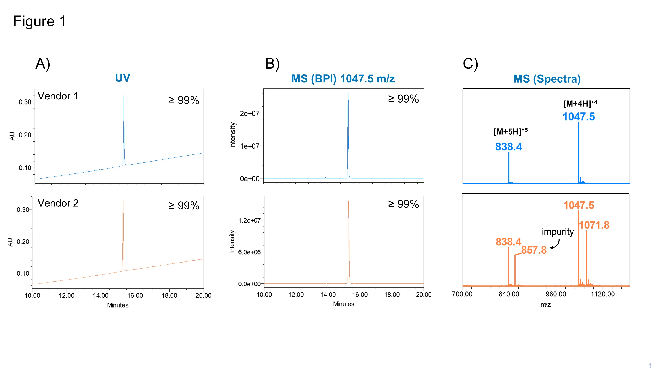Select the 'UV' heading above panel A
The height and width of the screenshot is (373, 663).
click(x=122, y=78)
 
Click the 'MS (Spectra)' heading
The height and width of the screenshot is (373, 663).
click(x=547, y=79)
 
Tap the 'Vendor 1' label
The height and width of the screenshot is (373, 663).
click(x=58, y=96)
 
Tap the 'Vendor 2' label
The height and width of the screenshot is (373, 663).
click(x=58, y=203)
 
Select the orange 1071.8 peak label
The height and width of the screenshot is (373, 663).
click(x=594, y=225)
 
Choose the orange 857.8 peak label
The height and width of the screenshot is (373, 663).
click(x=534, y=250)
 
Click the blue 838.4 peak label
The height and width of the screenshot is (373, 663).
click(x=509, y=147)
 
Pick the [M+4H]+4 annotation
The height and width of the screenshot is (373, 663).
click(x=580, y=103)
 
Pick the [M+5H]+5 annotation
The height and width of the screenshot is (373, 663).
click(x=510, y=131)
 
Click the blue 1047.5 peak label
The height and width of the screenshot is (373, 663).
click(x=579, y=117)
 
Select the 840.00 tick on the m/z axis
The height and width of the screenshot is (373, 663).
click(x=509, y=294)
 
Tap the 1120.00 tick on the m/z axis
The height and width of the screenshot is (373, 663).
click(x=602, y=294)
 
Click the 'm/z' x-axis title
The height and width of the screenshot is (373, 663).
click(x=545, y=304)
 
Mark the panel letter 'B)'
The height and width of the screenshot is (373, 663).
click(x=272, y=64)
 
